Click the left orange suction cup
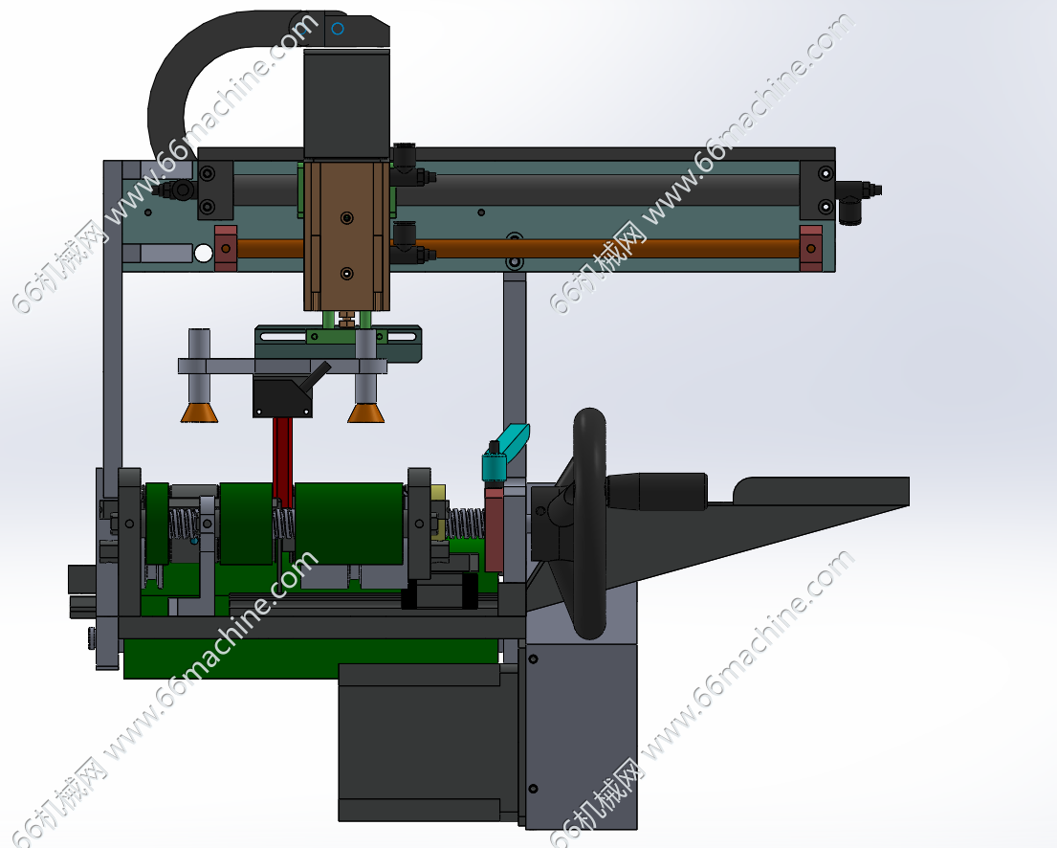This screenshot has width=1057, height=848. pyautogui.click(x=199, y=413)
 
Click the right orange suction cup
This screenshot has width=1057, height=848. pyautogui.click(x=366, y=413)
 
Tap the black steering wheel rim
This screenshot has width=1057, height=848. pyautogui.click(x=589, y=524)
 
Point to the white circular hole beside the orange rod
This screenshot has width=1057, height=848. pyautogui.click(x=204, y=254)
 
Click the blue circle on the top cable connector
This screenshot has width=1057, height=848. pyautogui.click(x=338, y=29)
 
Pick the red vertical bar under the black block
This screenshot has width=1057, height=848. pyautogui.click(x=283, y=461)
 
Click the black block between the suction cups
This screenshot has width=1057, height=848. pyautogui.click(x=282, y=396)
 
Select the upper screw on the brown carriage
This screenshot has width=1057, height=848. pyautogui.click(x=346, y=218)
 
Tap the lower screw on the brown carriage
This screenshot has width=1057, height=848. pyautogui.click(x=346, y=274)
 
